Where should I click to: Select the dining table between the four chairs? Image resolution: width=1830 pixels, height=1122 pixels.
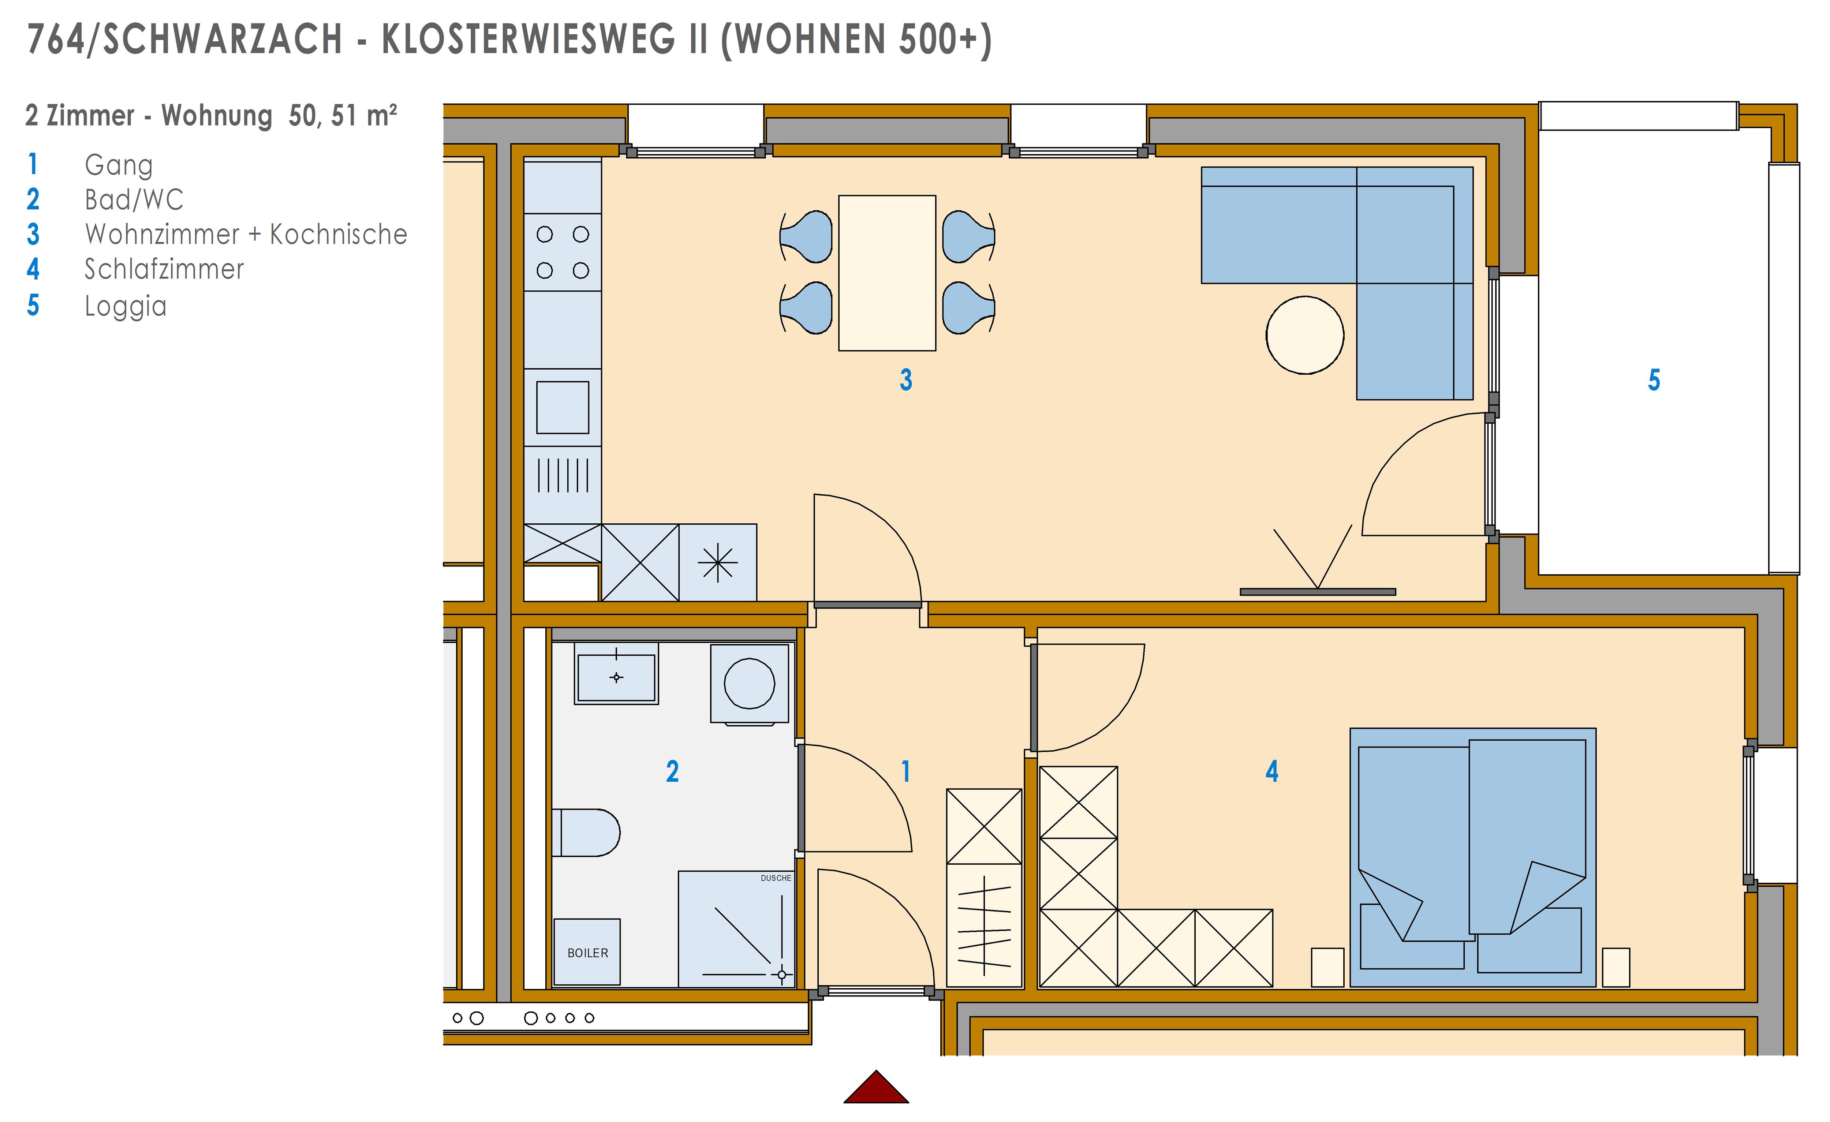pyautogui.click(x=887, y=273)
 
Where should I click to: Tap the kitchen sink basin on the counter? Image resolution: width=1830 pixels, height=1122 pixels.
pyautogui.click(x=562, y=407)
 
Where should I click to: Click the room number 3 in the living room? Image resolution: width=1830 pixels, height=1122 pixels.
pyautogui.click(x=905, y=380)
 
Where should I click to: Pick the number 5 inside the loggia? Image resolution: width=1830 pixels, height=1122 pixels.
pyautogui.click(x=1654, y=380)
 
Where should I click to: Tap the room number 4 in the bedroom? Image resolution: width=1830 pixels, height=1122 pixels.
pyautogui.click(x=1271, y=771)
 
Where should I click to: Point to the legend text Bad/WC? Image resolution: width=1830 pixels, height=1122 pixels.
pyautogui.click(x=134, y=200)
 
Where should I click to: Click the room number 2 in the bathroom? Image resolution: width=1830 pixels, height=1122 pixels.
pyautogui.click(x=672, y=771)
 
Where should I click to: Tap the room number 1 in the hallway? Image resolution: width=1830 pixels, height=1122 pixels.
pyautogui.click(x=905, y=771)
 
